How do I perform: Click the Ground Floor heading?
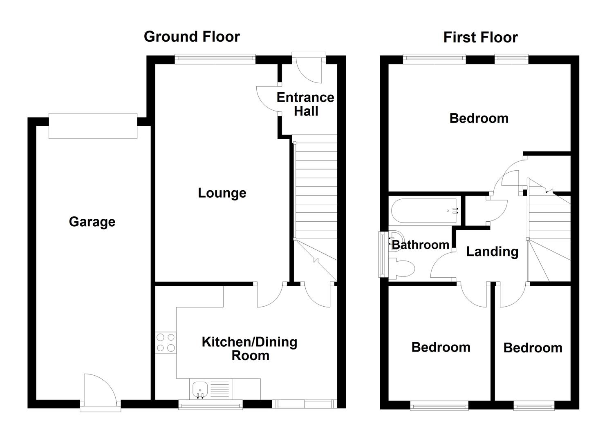[192, 37]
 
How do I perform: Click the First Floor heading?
[480, 38]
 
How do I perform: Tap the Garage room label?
[92, 222]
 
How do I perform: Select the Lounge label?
[222, 193]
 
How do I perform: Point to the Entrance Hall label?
[305, 104]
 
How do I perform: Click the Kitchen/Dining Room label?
[250, 348]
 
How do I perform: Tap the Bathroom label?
[420, 245]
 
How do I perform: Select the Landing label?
[492, 252]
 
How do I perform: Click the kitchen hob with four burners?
[166, 343]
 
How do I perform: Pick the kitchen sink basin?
[200, 388]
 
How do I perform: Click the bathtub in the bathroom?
[424, 211]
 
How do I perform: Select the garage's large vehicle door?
[93, 126]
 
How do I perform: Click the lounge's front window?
[215, 60]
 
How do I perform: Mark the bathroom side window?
[383, 255]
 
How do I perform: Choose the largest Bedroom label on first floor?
[479, 118]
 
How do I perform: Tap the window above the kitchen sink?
[211, 404]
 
